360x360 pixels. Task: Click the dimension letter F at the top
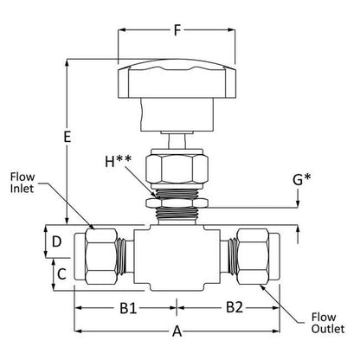[177, 30]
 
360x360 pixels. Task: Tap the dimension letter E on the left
[67, 137]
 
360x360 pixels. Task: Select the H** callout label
[118, 161]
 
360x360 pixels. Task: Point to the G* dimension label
[302, 179]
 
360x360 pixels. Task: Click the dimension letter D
[57, 241]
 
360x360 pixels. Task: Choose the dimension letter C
[61, 274]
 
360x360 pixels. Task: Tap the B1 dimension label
[128, 308]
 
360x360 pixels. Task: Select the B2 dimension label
[235, 307]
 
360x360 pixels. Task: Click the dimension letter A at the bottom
[177, 331]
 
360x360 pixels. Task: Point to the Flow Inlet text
[22, 183]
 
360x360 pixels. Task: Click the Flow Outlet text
[328, 323]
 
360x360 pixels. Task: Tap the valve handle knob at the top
[177, 79]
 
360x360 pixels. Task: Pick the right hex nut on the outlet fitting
[253, 257]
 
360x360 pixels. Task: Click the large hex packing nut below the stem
[177, 167]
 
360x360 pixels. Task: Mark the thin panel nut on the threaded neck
[177, 202]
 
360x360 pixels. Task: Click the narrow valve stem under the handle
[177, 142]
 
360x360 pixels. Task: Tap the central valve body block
[177, 258]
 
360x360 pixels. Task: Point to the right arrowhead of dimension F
[231, 29]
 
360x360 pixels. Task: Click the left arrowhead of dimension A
[79, 331]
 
